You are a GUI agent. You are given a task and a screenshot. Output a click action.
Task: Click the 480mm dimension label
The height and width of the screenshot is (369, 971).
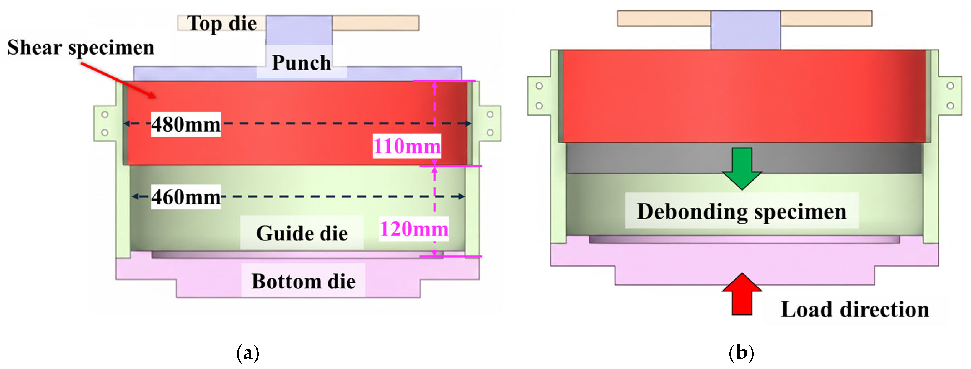[x=186, y=124]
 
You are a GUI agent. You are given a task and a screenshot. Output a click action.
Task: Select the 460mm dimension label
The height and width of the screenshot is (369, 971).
[x=186, y=196]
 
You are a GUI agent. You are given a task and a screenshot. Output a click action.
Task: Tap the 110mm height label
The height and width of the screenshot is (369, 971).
[x=407, y=146]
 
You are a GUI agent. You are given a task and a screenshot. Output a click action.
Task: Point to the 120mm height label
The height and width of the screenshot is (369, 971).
[x=414, y=229]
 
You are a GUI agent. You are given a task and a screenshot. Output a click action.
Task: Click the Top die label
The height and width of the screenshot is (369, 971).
[x=222, y=23]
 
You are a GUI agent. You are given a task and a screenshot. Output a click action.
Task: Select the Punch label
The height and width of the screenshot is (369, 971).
[x=301, y=62]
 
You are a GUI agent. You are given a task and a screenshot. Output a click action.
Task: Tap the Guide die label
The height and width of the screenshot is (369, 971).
[x=302, y=233]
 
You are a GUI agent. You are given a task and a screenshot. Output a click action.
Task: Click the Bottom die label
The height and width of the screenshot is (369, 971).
[x=304, y=281]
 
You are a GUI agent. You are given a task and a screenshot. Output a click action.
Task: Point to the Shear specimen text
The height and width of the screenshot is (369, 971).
[x=81, y=47]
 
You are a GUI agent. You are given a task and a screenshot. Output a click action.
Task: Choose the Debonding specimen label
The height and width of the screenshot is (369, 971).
[x=742, y=211]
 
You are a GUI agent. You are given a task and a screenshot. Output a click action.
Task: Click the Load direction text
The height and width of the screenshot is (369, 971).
[x=855, y=309]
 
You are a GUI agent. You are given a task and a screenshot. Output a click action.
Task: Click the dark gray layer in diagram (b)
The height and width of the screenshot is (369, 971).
[x=641, y=158]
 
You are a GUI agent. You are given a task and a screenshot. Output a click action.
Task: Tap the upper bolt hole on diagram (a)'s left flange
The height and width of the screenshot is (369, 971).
[x=105, y=114]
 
